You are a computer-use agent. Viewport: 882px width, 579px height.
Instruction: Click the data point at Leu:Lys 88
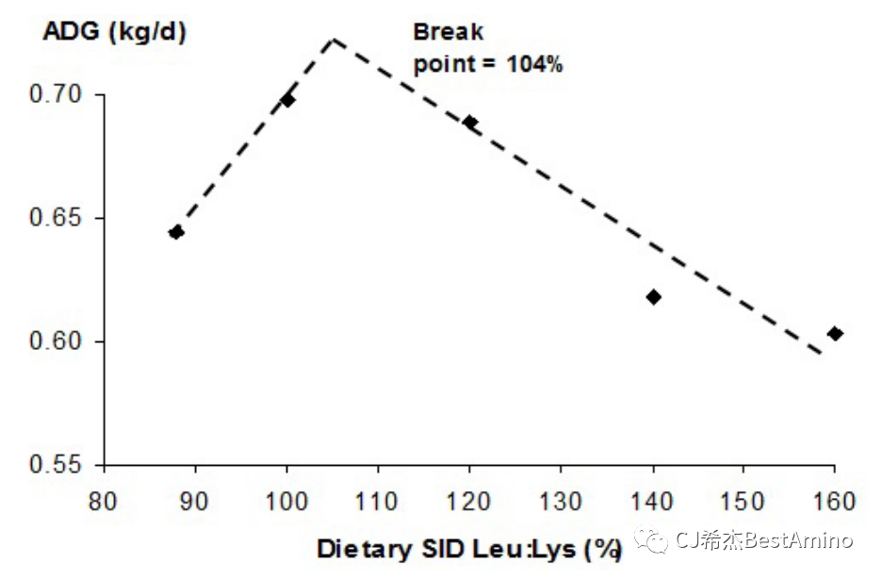point(175,232)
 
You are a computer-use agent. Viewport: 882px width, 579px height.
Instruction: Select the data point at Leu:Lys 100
point(287,99)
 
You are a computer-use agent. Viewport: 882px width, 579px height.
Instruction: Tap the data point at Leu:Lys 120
point(470,123)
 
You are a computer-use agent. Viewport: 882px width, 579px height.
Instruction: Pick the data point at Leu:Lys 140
point(653,297)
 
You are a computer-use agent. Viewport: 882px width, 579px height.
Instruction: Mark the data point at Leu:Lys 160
point(835,333)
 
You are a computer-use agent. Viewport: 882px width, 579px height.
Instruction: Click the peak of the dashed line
point(334,39)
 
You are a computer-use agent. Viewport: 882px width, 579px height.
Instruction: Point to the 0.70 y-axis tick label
point(57,95)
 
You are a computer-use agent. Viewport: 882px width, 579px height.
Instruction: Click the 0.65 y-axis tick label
point(57,218)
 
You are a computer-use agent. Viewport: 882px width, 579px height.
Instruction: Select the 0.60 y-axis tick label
point(57,341)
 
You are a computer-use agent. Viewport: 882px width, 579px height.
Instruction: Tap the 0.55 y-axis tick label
point(57,465)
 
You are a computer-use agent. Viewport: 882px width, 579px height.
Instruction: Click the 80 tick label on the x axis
point(104,500)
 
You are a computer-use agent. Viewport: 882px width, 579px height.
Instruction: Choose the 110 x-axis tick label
point(378,500)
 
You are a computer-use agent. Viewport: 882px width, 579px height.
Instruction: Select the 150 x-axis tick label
point(743,500)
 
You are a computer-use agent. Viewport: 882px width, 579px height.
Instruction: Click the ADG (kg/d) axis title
point(115,31)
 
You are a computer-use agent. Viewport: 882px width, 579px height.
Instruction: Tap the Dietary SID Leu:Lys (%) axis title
point(469,549)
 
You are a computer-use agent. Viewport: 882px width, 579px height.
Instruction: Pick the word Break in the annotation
point(449,31)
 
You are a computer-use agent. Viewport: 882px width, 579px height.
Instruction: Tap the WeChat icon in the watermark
point(649,540)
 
